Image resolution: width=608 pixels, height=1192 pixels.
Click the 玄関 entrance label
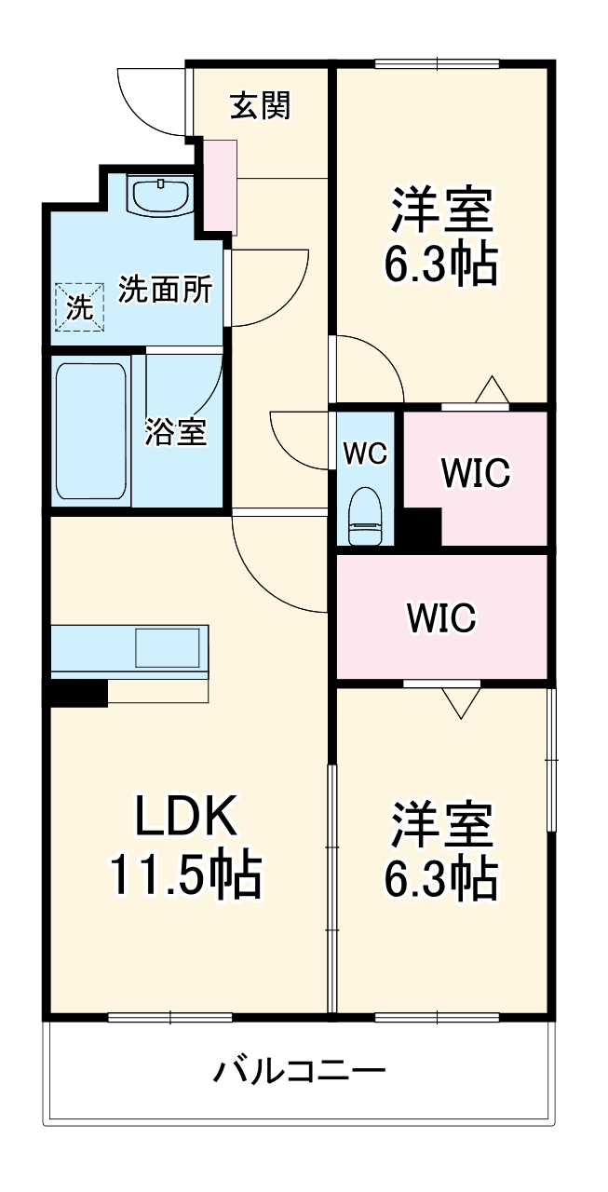(261, 106)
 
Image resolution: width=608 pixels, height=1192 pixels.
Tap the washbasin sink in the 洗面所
(160, 196)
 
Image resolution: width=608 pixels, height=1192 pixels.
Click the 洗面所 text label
(165, 291)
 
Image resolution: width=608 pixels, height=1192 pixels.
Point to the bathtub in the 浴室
(90, 430)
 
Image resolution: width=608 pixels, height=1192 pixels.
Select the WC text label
(364, 454)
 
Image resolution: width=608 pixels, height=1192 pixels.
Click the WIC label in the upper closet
(476, 473)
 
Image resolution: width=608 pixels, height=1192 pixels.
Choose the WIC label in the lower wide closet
(440, 616)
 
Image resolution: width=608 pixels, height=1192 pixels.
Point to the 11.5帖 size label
(186, 874)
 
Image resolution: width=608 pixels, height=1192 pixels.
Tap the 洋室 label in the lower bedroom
(440, 823)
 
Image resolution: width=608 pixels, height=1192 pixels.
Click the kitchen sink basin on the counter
(168, 646)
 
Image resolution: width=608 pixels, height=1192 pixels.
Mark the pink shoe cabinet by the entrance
(222, 187)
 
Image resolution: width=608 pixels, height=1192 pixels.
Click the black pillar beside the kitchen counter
(78, 693)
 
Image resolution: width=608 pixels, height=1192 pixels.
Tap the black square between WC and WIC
(420, 527)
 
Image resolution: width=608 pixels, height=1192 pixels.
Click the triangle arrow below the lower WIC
(460, 702)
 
